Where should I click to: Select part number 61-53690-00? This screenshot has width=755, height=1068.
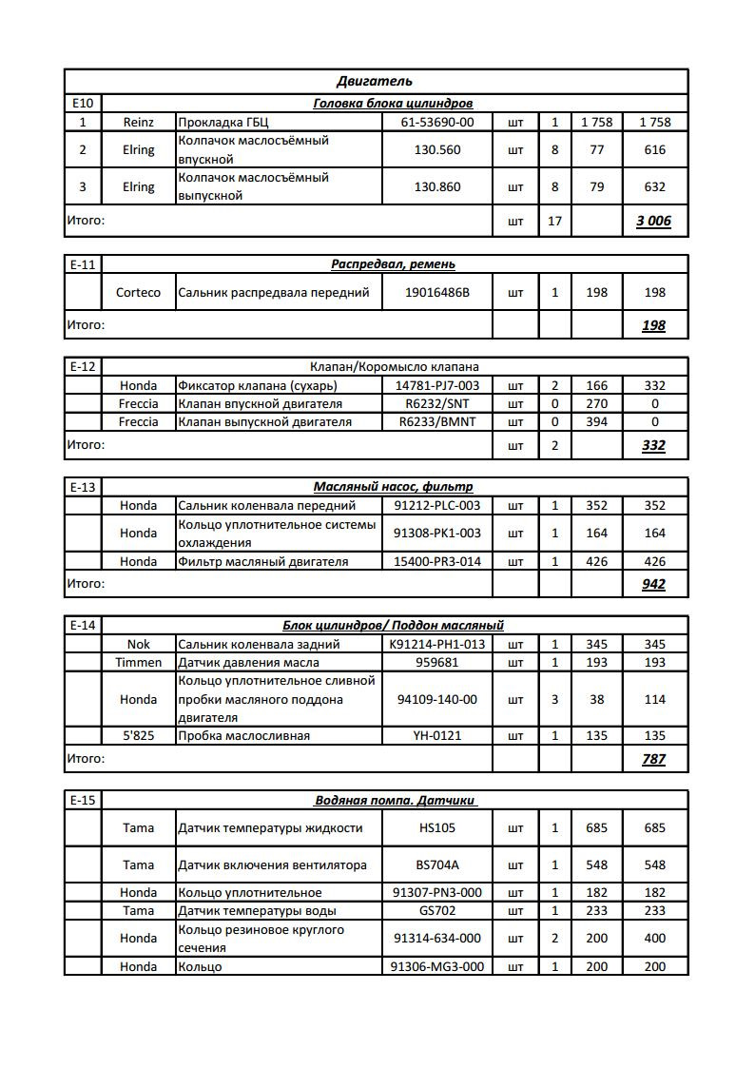click(437, 122)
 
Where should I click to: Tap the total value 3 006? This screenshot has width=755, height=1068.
click(653, 222)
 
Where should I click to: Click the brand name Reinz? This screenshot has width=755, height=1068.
click(138, 122)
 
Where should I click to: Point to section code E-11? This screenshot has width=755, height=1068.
click(83, 264)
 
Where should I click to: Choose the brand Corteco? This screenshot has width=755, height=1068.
click(138, 292)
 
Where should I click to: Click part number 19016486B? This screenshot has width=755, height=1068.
click(437, 292)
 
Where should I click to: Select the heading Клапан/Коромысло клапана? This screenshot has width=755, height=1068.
click(394, 366)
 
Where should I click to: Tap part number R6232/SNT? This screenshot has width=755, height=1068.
click(437, 403)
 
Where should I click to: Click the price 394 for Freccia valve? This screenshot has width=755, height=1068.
click(596, 421)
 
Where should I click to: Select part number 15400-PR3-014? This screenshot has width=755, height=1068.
click(437, 561)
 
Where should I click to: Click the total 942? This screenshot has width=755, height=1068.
click(653, 584)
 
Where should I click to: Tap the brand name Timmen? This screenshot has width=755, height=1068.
click(138, 662)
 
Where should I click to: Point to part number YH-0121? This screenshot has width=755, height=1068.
click(437, 735)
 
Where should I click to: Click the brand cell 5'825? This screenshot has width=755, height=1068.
click(138, 735)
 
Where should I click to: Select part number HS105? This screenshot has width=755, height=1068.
click(437, 827)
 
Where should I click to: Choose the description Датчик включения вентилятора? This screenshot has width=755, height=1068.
click(271, 864)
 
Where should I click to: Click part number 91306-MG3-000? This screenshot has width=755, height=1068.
click(437, 966)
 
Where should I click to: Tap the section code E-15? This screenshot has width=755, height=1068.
click(83, 800)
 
